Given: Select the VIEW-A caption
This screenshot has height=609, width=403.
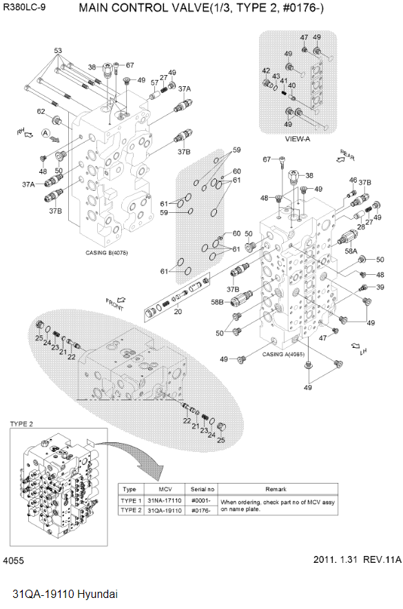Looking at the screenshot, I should [300, 139].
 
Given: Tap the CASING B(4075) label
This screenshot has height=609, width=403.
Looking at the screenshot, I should [106, 253].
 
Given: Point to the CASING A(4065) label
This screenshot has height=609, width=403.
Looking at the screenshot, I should [284, 354].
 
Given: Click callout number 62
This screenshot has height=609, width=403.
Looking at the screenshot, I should [41, 112].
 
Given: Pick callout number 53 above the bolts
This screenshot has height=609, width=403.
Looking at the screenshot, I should [58, 51].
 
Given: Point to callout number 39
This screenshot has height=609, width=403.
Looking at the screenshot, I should [380, 287].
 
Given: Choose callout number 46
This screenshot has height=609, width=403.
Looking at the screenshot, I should [353, 180].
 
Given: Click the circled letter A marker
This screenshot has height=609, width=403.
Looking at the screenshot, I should [45, 132].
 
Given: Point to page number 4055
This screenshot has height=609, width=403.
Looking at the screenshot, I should [14, 561].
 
